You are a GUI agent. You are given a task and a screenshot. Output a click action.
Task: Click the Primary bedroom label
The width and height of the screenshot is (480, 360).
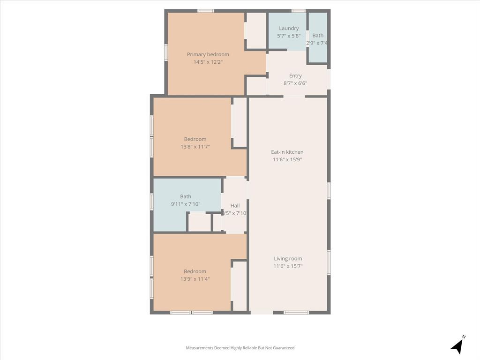(208, 54)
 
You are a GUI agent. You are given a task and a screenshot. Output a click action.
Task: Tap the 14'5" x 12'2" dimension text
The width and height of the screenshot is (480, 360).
(208, 62)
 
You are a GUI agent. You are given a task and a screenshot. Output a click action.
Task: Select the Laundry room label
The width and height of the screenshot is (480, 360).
(289, 28)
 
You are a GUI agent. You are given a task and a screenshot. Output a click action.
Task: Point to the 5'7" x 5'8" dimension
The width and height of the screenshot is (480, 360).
(289, 36)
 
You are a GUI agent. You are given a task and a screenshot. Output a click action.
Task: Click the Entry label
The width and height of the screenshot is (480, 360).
(295, 75)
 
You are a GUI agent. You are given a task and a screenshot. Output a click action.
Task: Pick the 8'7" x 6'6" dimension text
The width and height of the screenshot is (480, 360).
(295, 83)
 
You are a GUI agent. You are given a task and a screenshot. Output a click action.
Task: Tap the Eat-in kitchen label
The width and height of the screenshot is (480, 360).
(287, 152)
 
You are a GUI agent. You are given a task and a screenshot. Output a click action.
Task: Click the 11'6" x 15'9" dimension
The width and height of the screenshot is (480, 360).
(287, 159)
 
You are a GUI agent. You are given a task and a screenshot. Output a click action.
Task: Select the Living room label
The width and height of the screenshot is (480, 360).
(288, 258)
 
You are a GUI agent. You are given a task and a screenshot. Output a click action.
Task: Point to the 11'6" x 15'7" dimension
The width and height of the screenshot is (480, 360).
(288, 266)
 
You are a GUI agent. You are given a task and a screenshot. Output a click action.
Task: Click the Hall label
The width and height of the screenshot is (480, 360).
(235, 205)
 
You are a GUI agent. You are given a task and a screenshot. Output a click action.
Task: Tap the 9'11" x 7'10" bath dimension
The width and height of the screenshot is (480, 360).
(186, 204)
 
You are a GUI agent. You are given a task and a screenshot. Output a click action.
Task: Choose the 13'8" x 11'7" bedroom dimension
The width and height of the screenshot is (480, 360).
(195, 147)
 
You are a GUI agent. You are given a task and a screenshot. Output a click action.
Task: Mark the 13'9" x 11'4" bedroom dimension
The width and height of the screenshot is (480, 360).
(195, 279)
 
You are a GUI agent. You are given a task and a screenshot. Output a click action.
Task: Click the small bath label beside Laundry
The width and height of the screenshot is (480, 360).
(318, 36)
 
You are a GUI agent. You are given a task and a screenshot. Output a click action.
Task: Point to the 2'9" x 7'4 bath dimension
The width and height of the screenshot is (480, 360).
(317, 43)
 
